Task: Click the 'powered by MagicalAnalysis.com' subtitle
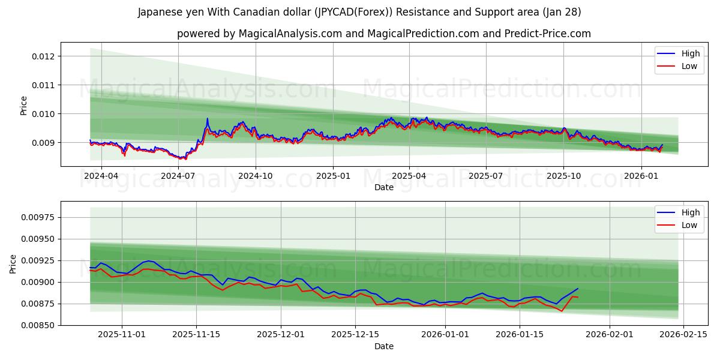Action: (x=383, y=34)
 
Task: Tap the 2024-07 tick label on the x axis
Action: (x=178, y=176)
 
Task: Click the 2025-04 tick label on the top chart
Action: (x=409, y=176)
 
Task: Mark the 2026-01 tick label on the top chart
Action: (x=641, y=176)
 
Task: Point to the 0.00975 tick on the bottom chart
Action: (x=39, y=217)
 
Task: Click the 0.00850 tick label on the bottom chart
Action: (x=39, y=325)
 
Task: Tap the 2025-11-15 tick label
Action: (x=196, y=335)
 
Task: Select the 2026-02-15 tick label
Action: (x=683, y=335)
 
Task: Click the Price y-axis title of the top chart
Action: (x=24, y=106)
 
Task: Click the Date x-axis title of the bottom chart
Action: (x=383, y=346)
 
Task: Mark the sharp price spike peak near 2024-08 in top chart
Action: (x=207, y=119)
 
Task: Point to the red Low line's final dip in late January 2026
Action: (x=562, y=311)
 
